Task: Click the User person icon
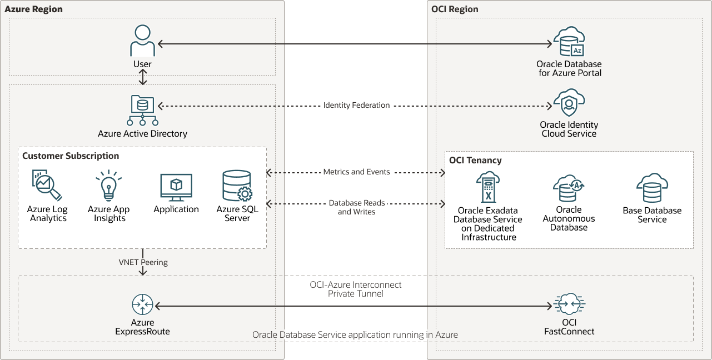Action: [x=142, y=41]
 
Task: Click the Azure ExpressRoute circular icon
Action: [x=142, y=305]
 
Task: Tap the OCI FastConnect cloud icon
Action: [x=569, y=304]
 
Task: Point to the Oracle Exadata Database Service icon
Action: [x=487, y=187]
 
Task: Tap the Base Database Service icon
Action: [x=652, y=188]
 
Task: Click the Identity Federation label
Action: [x=356, y=105]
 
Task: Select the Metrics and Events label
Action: [x=356, y=172]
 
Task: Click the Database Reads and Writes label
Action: [x=356, y=207]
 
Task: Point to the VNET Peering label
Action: [x=143, y=262]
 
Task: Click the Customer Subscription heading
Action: [x=71, y=156]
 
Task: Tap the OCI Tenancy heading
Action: [x=475, y=161]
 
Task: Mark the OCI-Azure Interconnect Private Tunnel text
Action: [x=356, y=289]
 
